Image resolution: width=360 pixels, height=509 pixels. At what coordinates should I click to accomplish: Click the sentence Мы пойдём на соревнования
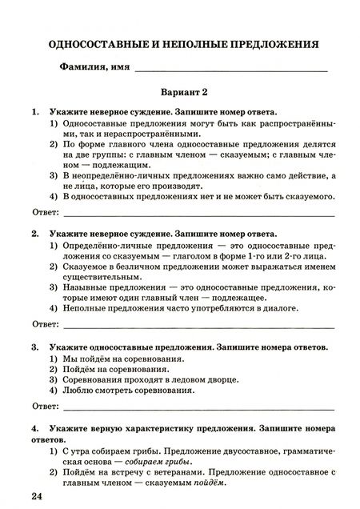pyautogui.click(x=113, y=362)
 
